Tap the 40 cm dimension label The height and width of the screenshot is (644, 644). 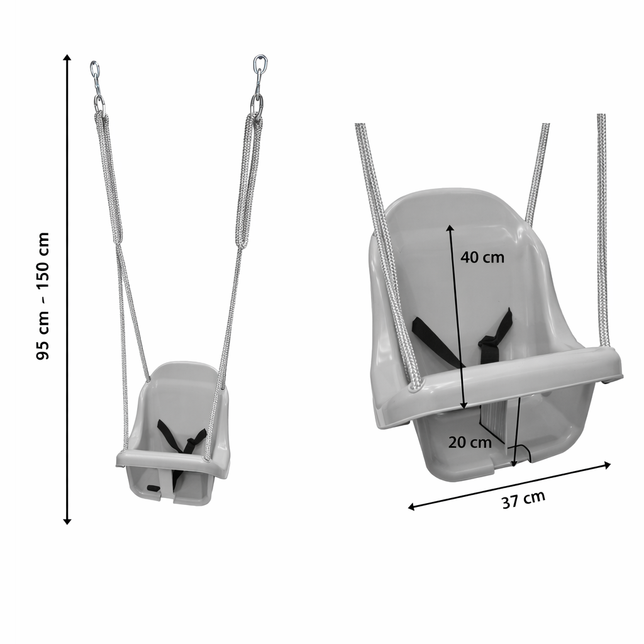pyautogui.click(x=482, y=257)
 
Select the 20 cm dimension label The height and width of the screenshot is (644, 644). pyautogui.click(x=469, y=442)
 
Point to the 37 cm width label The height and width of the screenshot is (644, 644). pyautogui.click(x=524, y=499)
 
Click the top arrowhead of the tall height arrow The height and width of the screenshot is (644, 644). pyautogui.click(x=67, y=57)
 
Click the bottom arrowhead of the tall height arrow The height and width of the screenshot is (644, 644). pyautogui.click(x=67, y=521)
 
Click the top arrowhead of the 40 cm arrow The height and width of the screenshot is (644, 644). pyautogui.click(x=450, y=228)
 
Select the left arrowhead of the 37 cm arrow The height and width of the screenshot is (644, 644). pyautogui.click(x=411, y=508)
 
